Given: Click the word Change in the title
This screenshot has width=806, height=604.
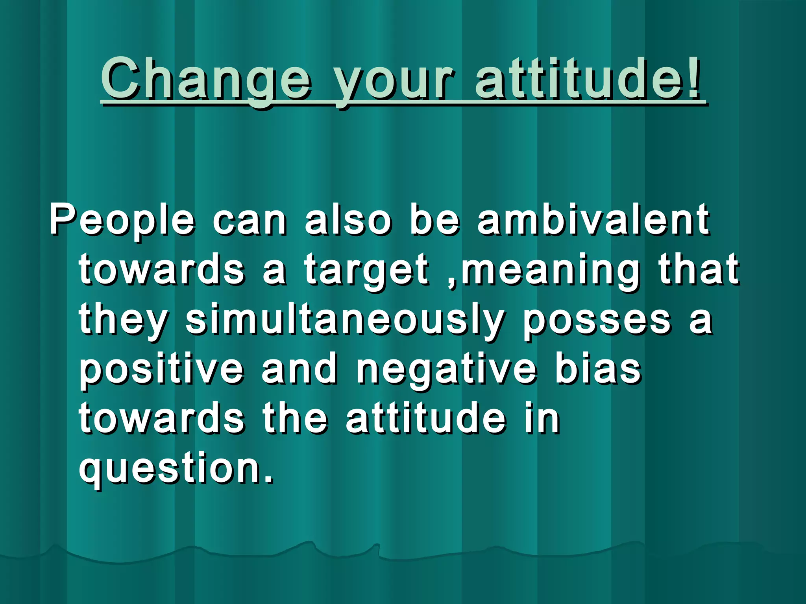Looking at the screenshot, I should [207, 79].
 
